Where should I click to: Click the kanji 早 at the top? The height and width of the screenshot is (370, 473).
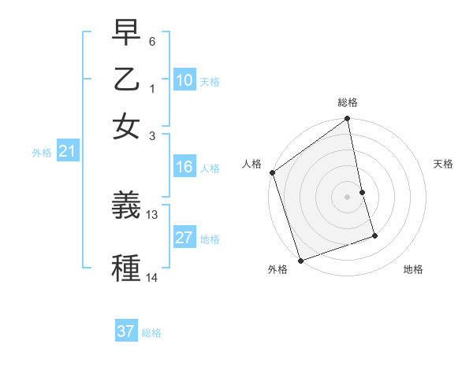coord(126,33)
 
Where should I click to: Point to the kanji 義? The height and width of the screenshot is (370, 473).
coord(126,206)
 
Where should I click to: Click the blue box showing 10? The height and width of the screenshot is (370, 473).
coord(184,80)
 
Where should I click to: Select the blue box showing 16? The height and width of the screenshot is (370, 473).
coord(184,167)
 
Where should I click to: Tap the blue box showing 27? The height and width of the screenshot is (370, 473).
coord(184,238)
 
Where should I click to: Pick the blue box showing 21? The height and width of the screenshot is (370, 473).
coord(67,152)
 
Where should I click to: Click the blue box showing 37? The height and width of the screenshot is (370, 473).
coord(126,331)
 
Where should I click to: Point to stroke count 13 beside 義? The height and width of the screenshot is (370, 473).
coord(152,214)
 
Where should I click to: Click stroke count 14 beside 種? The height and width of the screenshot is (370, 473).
coord(152,277)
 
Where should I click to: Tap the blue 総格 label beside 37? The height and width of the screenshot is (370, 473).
coord(151,333)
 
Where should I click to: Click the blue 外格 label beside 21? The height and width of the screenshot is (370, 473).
coord(42,153)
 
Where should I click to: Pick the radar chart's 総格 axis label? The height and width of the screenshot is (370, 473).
coord(348,102)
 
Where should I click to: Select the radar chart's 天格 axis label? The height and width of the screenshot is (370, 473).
coord(443,164)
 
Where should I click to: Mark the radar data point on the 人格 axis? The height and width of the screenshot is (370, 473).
coord(272,172)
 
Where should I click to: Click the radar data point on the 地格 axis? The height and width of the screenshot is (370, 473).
coord(374,235)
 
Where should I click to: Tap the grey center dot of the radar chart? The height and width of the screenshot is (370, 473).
coord(348,197)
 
